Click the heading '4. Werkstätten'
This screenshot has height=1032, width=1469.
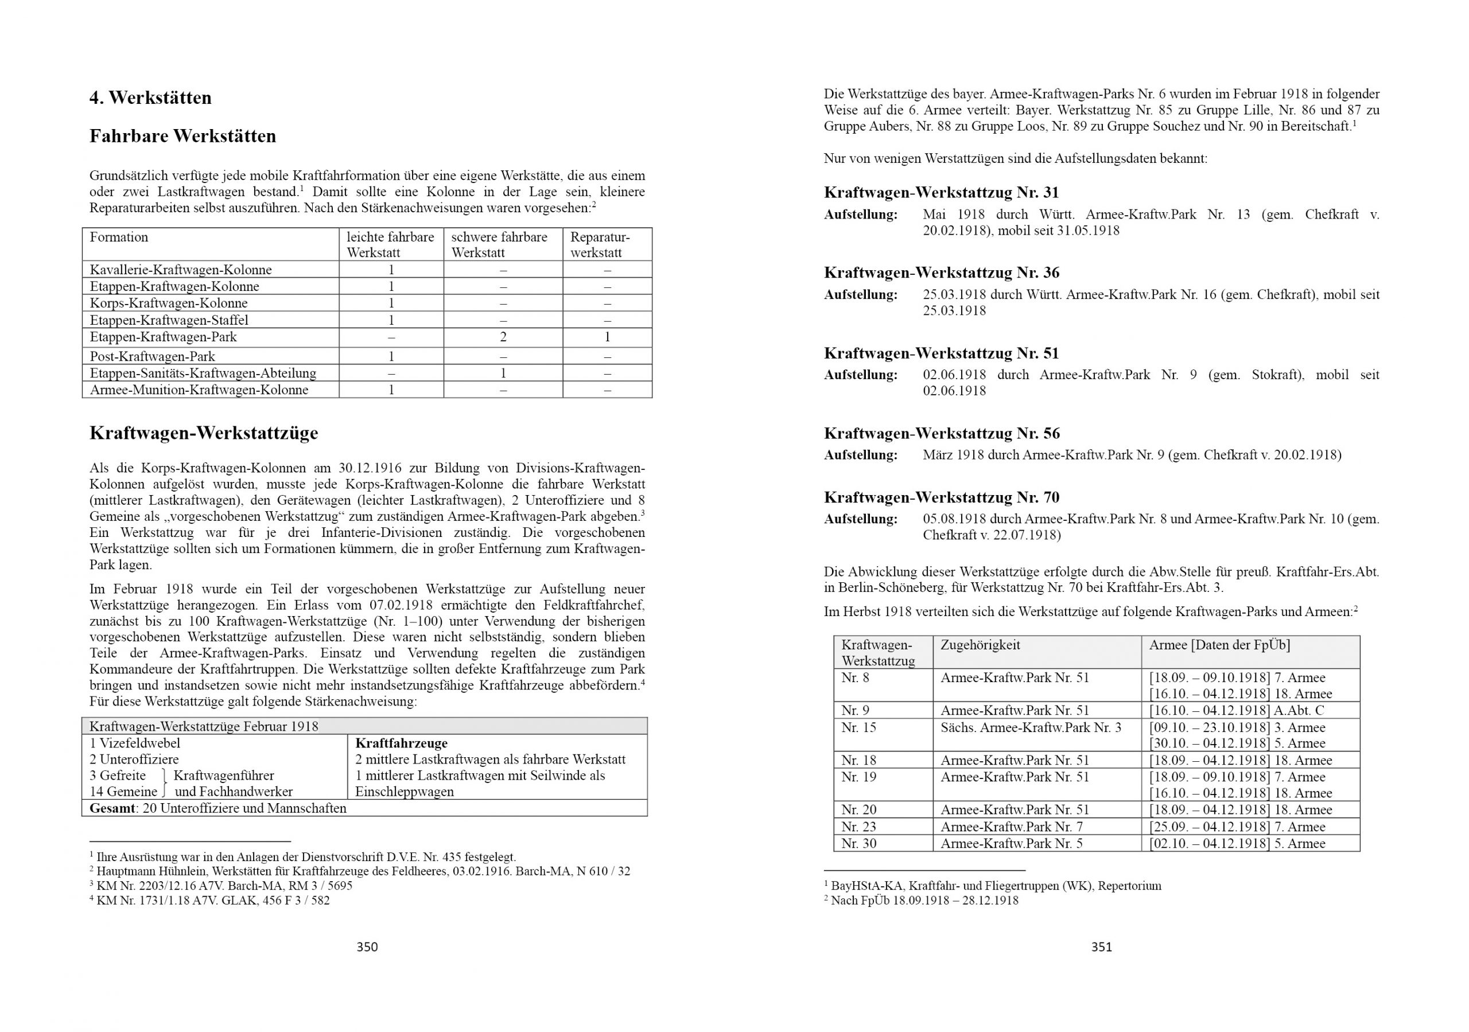pyautogui.click(x=150, y=98)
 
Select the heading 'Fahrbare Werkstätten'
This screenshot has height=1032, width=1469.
pyautogui.click(x=182, y=137)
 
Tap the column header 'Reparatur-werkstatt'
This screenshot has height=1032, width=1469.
pyautogui.click(x=600, y=244)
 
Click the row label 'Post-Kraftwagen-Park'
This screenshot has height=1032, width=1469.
pyautogui.click(x=152, y=356)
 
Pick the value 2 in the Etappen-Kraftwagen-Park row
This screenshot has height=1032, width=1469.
pyautogui.click(x=503, y=337)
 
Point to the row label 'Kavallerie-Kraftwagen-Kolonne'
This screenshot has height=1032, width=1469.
pyautogui.click(x=180, y=270)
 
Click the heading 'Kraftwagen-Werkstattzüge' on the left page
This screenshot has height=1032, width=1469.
pyautogui.click(x=204, y=433)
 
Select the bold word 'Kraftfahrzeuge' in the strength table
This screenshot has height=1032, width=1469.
pyautogui.click(x=401, y=743)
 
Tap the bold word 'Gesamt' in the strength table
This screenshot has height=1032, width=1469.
pyautogui.click(x=112, y=808)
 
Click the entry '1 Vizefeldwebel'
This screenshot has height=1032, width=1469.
pyautogui.click(x=135, y=743)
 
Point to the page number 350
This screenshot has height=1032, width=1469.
pyautogui.click(x=367, y=947)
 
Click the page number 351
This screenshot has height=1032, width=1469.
pyautogui.click(x=1101, y=947)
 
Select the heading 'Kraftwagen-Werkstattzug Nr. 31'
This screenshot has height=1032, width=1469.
pyautogui.click(x=941, y=193)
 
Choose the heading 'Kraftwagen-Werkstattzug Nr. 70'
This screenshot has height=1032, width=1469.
pyautogui.click(x=941, y=497)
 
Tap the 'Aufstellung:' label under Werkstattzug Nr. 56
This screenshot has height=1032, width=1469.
pyautogui.click(x=861, y=455)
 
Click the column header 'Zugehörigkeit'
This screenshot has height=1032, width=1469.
pyautogui.click(x=980, y=645)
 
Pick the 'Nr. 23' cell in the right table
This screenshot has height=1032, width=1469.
pyautogui.click(x=858, y=827)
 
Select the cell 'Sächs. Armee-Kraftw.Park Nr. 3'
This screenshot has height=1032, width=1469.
pyautogui.click(x=1030, y=727)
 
